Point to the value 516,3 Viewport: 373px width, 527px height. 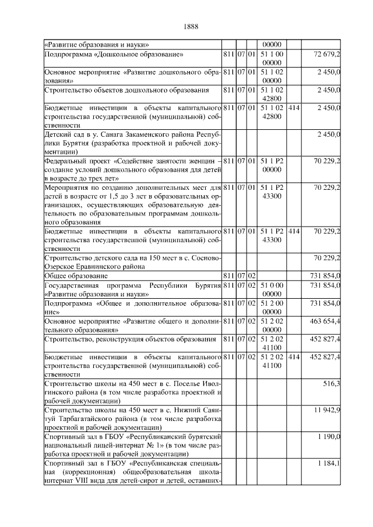click(331, 383)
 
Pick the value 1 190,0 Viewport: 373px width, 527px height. click(329, 436)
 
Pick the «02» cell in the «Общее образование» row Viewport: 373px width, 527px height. click(252, 275)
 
